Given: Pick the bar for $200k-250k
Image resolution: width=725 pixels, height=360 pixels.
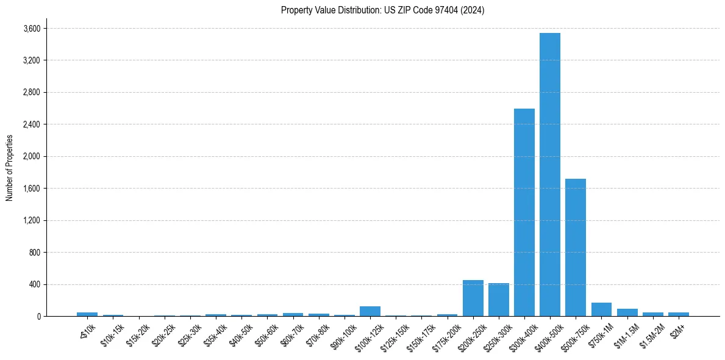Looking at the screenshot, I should click(473, 298).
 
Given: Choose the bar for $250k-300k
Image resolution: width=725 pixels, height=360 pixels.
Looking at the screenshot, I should click(498, 300).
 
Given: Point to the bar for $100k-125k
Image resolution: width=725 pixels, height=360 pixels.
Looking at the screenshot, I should click(370, 311).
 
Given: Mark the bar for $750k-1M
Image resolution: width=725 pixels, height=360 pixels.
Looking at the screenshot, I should click(601, 309).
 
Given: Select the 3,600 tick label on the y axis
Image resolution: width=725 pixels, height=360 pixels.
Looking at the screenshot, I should click(32, 29).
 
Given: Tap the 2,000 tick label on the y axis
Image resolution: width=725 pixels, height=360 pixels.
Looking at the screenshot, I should click(32, 157).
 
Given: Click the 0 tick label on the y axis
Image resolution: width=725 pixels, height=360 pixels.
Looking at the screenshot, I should click(38, 317).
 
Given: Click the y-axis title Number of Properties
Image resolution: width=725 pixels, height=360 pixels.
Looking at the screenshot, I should click(10, 168).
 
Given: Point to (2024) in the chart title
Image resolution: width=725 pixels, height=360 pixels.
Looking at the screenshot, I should click(474, 10).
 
